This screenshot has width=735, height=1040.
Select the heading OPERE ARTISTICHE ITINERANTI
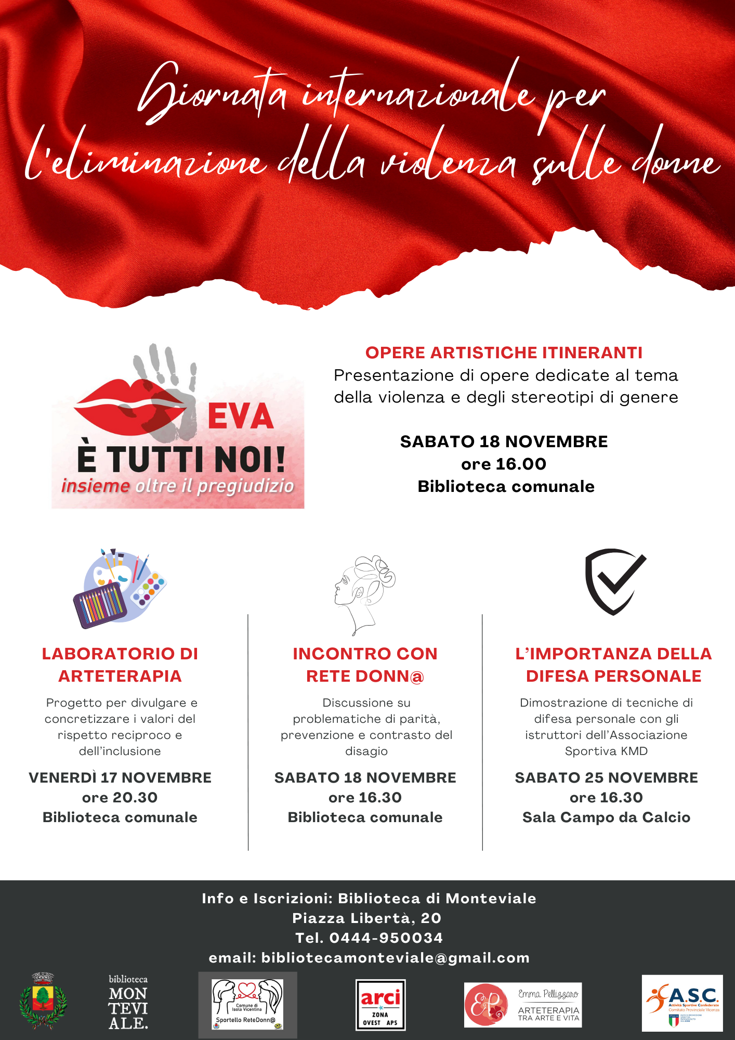pyautogui.click(x=504, y=353)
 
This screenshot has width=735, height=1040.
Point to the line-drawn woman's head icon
pyautogui.click(x=364, y=593)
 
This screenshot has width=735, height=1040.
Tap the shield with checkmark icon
pyautogui.click(x=615, y=581)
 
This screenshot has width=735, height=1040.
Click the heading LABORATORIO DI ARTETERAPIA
pyautogui.click(x=120, y=665)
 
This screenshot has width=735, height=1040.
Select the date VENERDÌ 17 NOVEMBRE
pyautogui.click(x=120, y=777)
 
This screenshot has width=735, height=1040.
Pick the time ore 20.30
pyautogui.click(x=120, y=797)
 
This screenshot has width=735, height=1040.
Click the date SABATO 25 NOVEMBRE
pyautogui.click(x=606, y=777)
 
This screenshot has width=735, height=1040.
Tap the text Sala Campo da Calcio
pyautogui.click(x=606, y=817)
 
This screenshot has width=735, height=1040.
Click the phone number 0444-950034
pyautogui.click(x=386, y=938)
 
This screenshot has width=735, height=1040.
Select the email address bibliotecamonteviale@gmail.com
pyautogui.click(x=395, y=957)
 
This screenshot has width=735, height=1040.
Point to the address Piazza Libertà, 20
pyautogui.click(x=367, y=918)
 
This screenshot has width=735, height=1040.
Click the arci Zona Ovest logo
pyautogui.click(x=380, y=1005)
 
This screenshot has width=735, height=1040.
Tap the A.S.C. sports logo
pyautogui.click(x=682, y=1003)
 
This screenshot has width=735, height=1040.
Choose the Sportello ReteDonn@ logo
pyautogui.click(x=248, y=1005)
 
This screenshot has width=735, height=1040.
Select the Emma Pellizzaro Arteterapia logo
pyautogui.click(x=522, y=1005)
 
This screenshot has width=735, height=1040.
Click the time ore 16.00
pyautogui.click(x=504, y=464)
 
